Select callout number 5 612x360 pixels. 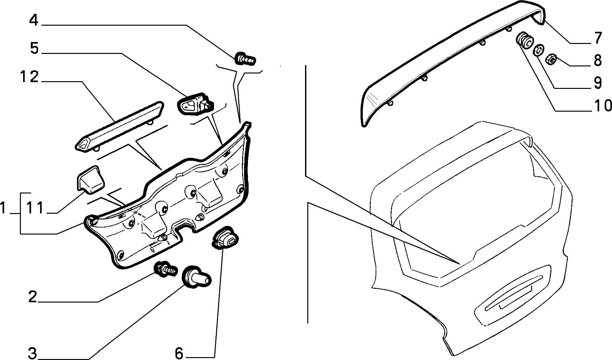[34, 49]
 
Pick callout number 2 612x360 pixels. [33, 297]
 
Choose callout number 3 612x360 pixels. [32, 354]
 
